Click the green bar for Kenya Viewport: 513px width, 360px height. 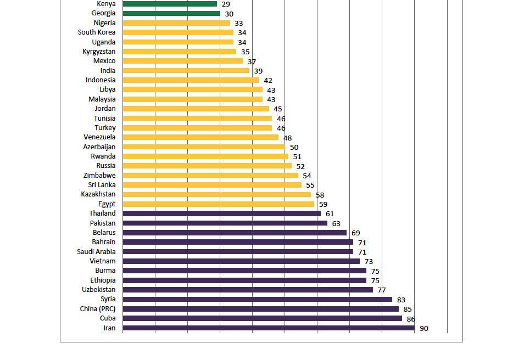(x=170, y=4)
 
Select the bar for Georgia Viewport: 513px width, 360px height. (x=171, y=13)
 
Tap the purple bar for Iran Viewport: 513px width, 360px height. (x=268, y=328)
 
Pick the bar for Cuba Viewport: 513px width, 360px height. (x=262, y=318)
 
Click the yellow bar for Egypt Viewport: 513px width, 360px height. (x=218, y=204)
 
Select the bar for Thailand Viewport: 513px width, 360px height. (x=221, y=213)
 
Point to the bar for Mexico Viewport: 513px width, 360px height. (x=182, y=61)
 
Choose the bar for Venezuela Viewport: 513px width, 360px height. (x=200, y=137)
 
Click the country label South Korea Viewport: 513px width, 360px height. (x=97, y=32)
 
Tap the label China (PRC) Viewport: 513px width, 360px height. (x=98, y=309)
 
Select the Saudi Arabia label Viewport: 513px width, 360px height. (x=96, y=252)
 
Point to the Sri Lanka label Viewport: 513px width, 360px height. (x=102, y=185)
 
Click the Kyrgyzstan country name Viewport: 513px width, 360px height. (x=99, y=52)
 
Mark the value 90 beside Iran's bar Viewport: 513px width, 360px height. (x=423, y=329)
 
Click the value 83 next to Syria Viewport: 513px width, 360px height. (x=401, y=300)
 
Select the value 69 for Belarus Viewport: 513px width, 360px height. (x=355, y=233)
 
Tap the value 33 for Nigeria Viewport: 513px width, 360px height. (x=239, y=24)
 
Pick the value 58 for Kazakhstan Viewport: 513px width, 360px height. (x=320, y=195)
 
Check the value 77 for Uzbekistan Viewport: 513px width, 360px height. (x=382, y=290)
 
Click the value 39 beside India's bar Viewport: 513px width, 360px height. (x=258, y=71)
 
